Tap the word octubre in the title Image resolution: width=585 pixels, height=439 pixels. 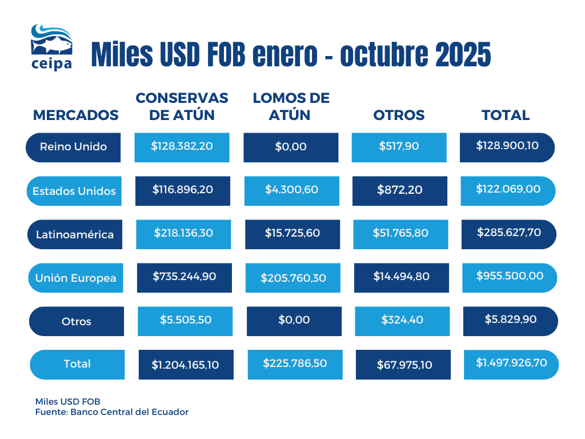(x=383, y=55)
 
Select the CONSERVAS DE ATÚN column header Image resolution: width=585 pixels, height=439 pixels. (x=182, y=106)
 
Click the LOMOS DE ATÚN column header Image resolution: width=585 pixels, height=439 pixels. (x=291, y=106)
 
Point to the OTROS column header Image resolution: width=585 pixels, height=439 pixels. (x=399, y=115)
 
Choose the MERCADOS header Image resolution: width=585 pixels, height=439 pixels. (x=76, y=115)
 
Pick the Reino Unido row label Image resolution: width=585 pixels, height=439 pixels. (x=73, y=147)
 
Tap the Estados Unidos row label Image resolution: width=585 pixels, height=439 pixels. (x=74, y=191)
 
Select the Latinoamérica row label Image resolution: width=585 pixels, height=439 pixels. (x=75, y=234)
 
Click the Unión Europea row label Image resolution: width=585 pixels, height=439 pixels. (x=75, y=278)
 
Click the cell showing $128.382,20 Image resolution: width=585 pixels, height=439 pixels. (x=182, y=146)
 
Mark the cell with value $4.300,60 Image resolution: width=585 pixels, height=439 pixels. (x=291, y=190)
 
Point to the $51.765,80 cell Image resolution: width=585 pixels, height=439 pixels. (x=400, y=233)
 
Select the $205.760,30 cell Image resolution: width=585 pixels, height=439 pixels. (x=293, y=278)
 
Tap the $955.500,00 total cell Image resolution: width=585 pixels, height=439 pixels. (x=510, y=276)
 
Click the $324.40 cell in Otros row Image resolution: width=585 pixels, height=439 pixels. (x=402, y=320)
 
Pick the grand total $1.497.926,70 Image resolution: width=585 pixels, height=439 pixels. (x=511, y=363)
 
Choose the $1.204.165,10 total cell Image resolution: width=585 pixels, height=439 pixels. (x=186, y=364)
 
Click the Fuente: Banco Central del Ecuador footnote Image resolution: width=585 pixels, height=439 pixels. (x=111, y=412)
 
